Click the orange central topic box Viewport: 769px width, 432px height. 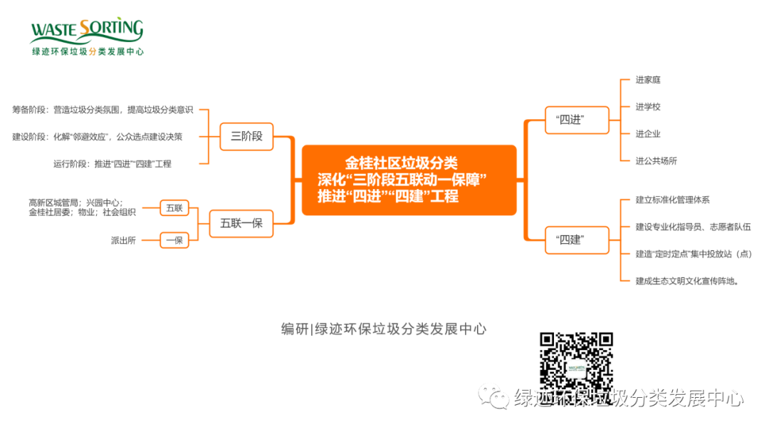(409, 180)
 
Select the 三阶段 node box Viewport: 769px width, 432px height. (246, 136)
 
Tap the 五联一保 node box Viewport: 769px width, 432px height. (241, 223)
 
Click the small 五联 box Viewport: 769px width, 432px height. (174, 208)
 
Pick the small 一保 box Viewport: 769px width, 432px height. (174, 240)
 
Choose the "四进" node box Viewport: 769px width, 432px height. (577, 120)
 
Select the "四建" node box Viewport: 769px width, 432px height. (577, 240)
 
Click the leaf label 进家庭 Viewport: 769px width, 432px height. (648, 80)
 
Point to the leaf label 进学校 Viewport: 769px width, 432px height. (648, 106)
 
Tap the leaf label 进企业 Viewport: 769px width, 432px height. (648, 133)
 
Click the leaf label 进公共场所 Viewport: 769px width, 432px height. (656, 160)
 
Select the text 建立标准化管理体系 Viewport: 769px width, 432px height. (672, 200)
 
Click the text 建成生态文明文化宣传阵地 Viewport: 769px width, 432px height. (687, 281)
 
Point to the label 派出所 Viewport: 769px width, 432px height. (123, 240)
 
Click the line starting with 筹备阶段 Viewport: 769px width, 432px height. (103, 110)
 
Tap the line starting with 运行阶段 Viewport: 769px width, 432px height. (113, 164)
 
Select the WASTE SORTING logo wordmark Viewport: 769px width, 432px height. (88, 31)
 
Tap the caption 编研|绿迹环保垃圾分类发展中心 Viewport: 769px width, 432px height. (384, 329)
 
